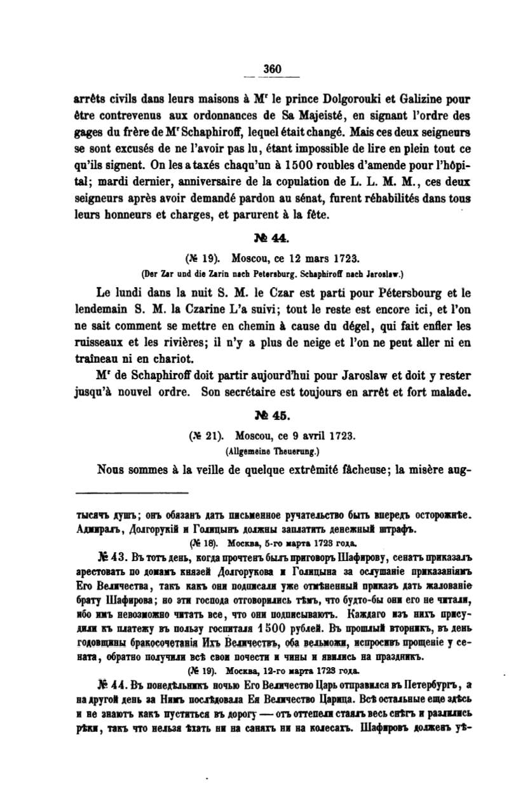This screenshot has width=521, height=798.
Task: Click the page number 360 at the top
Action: (x=272, y=70)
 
